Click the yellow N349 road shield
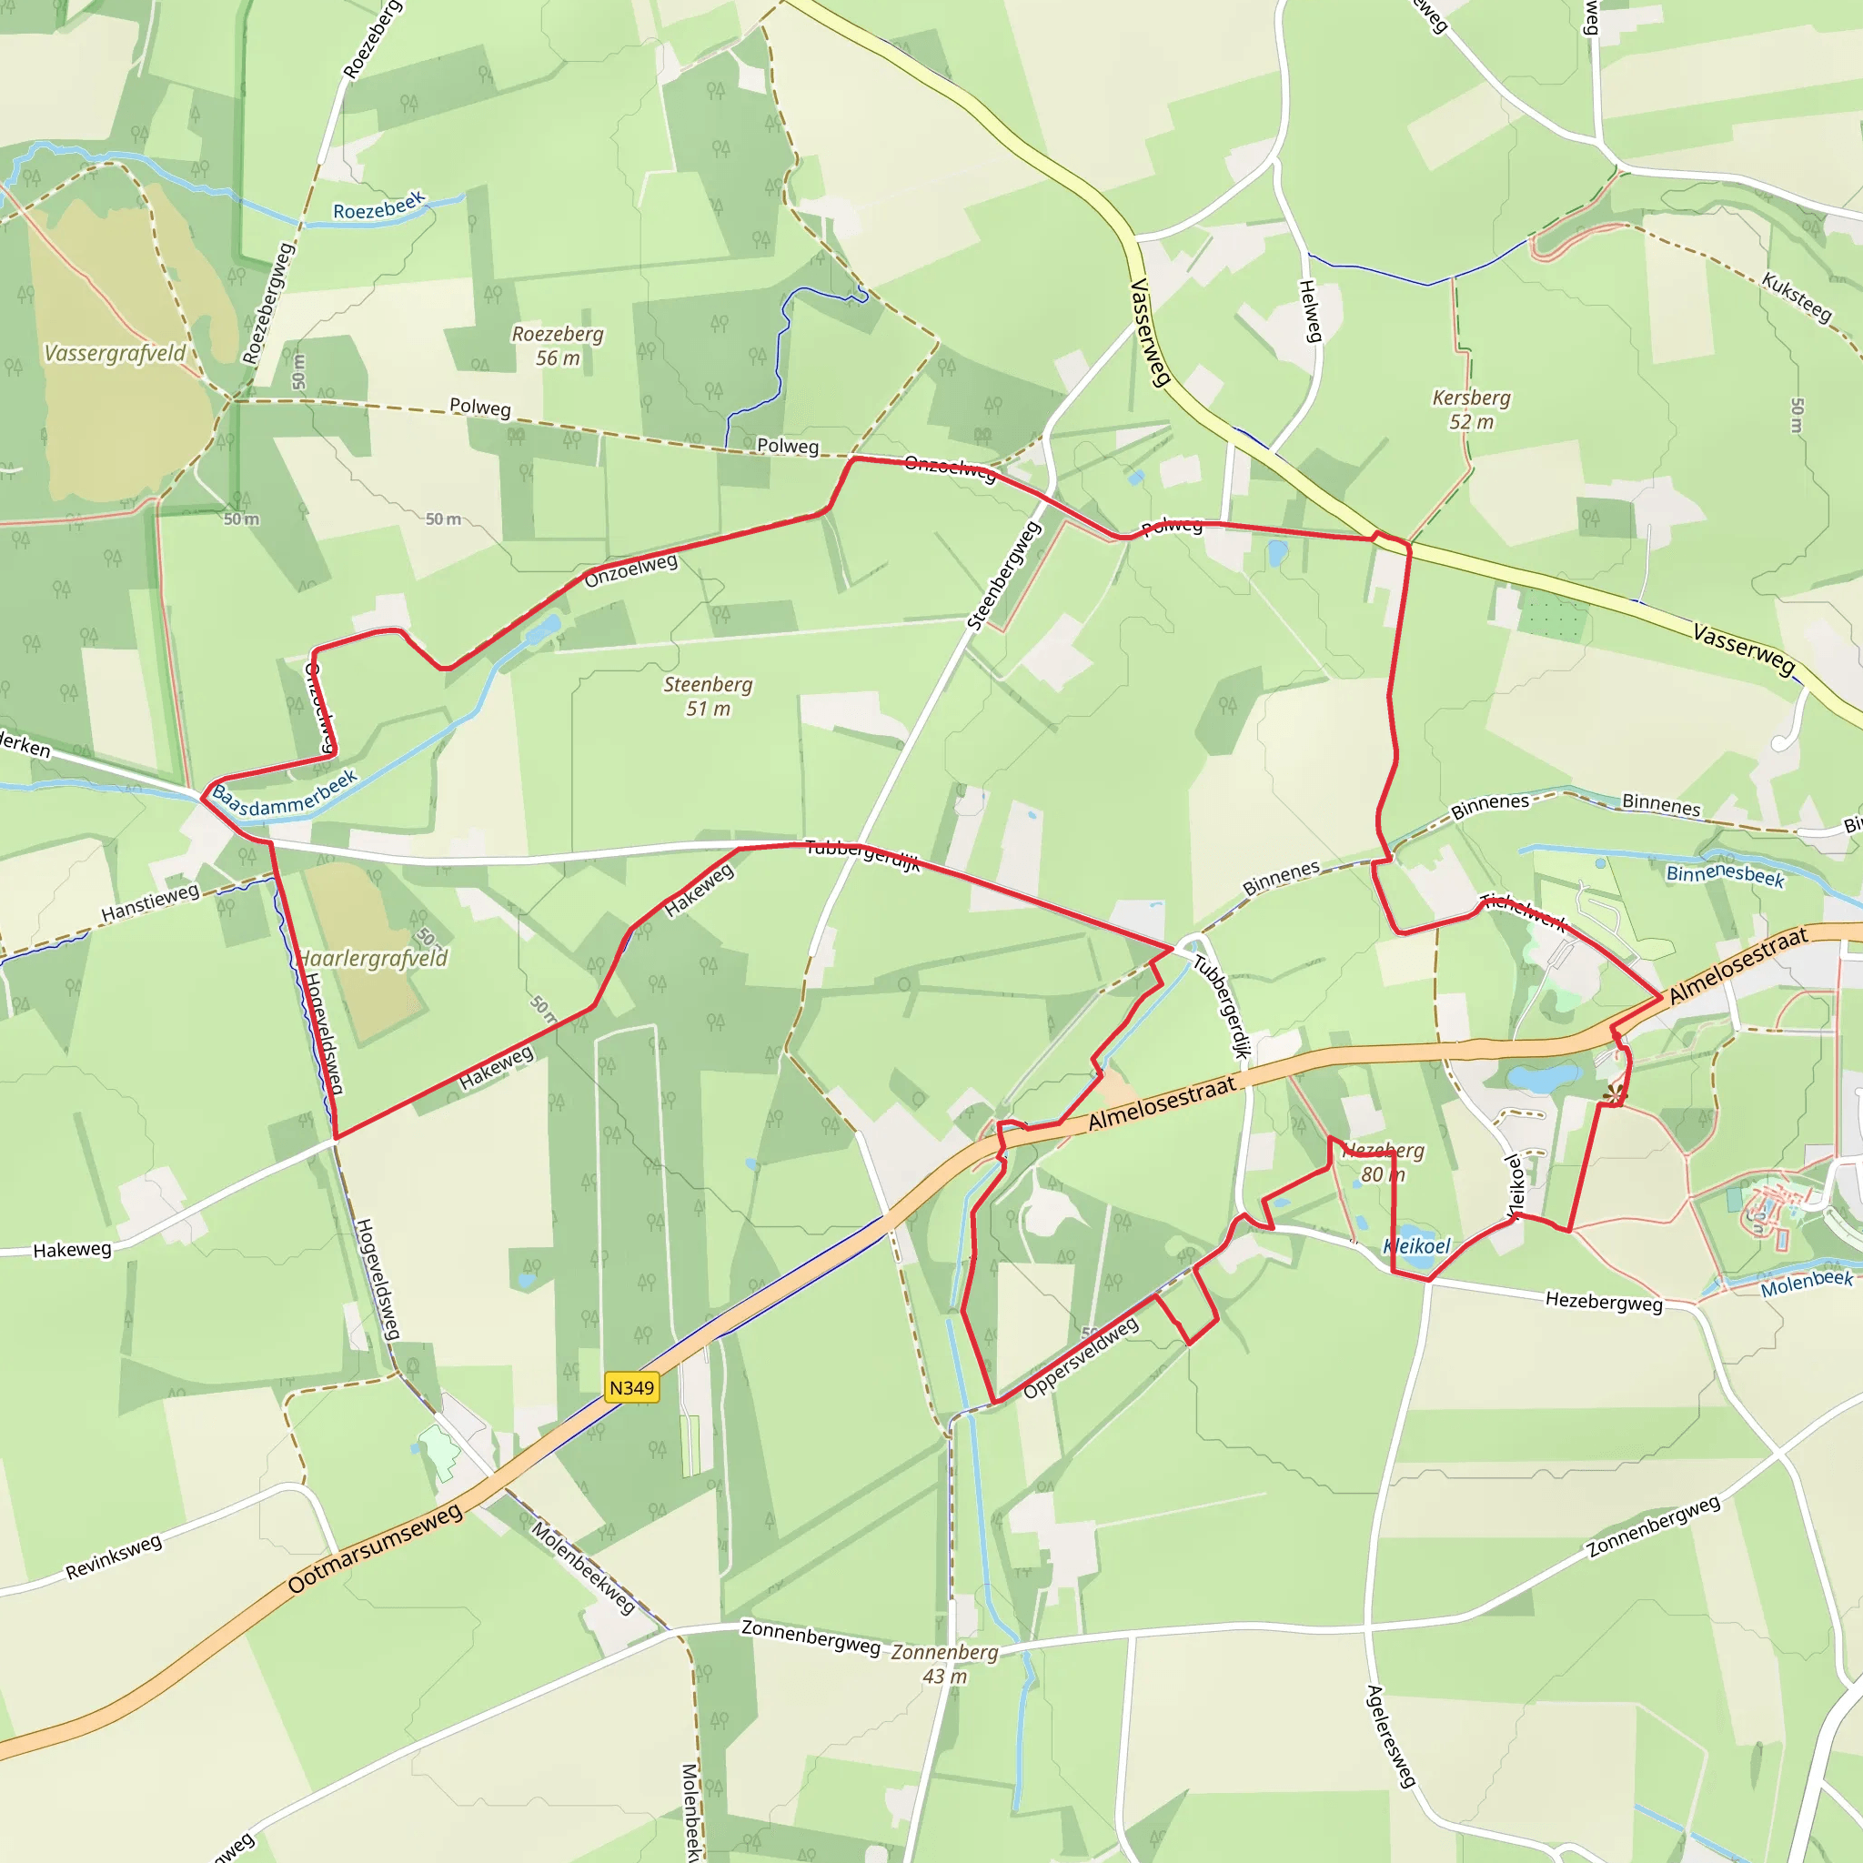[x=631, y=1387]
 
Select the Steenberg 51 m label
[x=708, y=696]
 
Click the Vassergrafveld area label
[x=115, y=354]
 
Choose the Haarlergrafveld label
[x=372, y=959]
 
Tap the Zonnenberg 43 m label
[x=944, y=1664]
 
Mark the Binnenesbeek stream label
[x=1725, y=874]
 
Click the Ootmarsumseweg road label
[x=375, y=1549]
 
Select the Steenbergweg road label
[x=1004, y=576]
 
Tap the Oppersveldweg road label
[x=1080, y=1358]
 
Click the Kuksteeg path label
[x=1797, y=296]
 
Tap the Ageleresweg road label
[x=1391, y=1736]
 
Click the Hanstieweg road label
[x=150, y=902]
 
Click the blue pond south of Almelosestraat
[x=1544, y=1077]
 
